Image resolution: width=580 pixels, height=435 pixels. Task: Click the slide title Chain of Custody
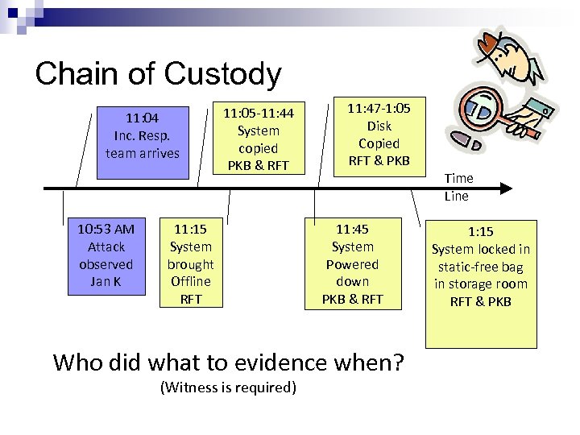point(158,74)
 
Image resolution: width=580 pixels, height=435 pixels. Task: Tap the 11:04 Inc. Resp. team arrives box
point(142,135)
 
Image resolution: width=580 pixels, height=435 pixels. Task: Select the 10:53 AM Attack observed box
point(106,255)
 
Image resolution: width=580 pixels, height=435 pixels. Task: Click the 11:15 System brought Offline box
point(191,263)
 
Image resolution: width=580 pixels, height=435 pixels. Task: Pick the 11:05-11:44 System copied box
point(259,139)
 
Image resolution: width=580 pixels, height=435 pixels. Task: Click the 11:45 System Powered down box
point(352,263)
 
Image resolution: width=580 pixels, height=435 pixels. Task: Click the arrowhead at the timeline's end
point(505,188)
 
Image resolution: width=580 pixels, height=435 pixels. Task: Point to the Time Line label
point(458,187)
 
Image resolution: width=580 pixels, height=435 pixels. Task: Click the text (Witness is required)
point(228,387)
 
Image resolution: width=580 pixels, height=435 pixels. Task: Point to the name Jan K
point(106,281)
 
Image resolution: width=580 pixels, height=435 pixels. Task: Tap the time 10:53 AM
point(106,230)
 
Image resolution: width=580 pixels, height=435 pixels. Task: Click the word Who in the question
point(79,362)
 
